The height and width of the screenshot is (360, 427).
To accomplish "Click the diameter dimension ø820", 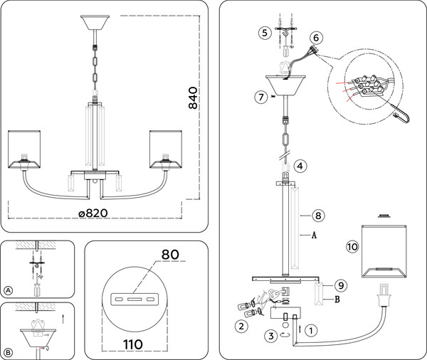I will [x=97, y=213].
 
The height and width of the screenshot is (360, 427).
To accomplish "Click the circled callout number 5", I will [x=265, y=32].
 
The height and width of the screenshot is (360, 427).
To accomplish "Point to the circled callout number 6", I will [x=317, y=38].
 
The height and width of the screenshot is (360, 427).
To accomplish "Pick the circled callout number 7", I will [x=261, y=95].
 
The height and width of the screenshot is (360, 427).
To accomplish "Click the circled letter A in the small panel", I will [x=8, y=291].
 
